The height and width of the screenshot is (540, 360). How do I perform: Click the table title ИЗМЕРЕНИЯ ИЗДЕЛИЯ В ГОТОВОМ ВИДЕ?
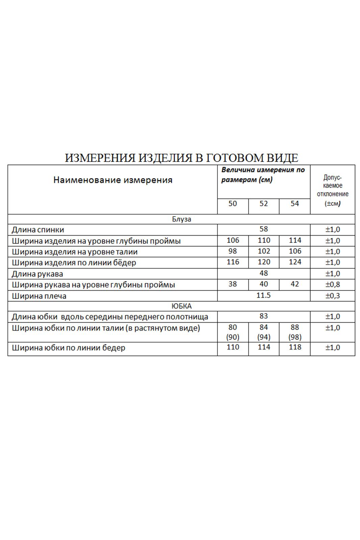tap(181, 158)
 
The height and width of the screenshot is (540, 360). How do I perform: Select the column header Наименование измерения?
tap(113, 180)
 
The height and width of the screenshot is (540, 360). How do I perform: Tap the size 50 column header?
tap(233, 204)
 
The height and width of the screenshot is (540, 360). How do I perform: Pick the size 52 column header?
tap(264, 204)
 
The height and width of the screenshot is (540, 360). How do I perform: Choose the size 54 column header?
tap(295, 204)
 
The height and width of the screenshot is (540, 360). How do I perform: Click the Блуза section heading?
tap(181, 219)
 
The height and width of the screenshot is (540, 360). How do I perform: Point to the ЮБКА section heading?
tap(181, 306)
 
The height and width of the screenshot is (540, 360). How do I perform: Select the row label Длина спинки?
tap(38, 230)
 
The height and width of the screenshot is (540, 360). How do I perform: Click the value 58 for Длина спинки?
tap(264, 229)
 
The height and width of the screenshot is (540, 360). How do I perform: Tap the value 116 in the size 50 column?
tap(233, 262)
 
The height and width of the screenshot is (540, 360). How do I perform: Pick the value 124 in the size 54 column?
tap(295, 262)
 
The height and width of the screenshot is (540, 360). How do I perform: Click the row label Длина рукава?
tap(37, 274)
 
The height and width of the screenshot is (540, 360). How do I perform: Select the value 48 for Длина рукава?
tap(264, 273)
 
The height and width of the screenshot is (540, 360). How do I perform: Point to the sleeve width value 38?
tap(233, 284)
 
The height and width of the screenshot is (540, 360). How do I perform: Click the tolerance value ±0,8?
tap(333, 285)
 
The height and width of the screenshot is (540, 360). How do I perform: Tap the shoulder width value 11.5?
tap(264, 295)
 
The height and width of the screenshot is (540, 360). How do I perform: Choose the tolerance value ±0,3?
tap(333, 296)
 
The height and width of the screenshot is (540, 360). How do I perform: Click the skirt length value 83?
tap(264, 316)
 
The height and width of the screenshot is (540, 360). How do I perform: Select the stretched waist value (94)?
tap(264, 337)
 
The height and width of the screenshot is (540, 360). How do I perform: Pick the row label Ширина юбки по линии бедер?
tap(69, 348)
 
